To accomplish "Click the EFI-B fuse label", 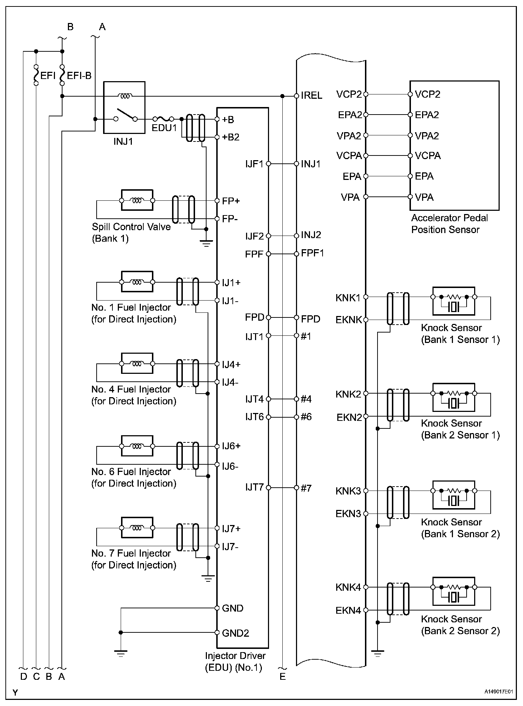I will point(79,76).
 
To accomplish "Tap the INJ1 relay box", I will point(124,107).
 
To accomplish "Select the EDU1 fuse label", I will point(164,128).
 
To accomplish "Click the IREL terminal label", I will point(311,96).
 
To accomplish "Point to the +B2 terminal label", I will point(231,137).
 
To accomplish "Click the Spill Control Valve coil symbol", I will point(137,200).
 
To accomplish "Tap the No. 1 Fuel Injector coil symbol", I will point(137,282).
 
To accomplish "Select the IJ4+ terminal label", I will point(231,364).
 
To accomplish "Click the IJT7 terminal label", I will point(255,487).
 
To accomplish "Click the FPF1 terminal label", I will point(313,253).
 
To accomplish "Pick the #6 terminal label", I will point(306,417).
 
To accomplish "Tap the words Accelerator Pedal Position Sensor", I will point(449,223).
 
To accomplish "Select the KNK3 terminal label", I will point(348,491).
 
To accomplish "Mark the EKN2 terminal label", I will point(349,417).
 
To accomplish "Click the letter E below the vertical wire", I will point(283,677).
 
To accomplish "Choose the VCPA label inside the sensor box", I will point(427,155).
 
